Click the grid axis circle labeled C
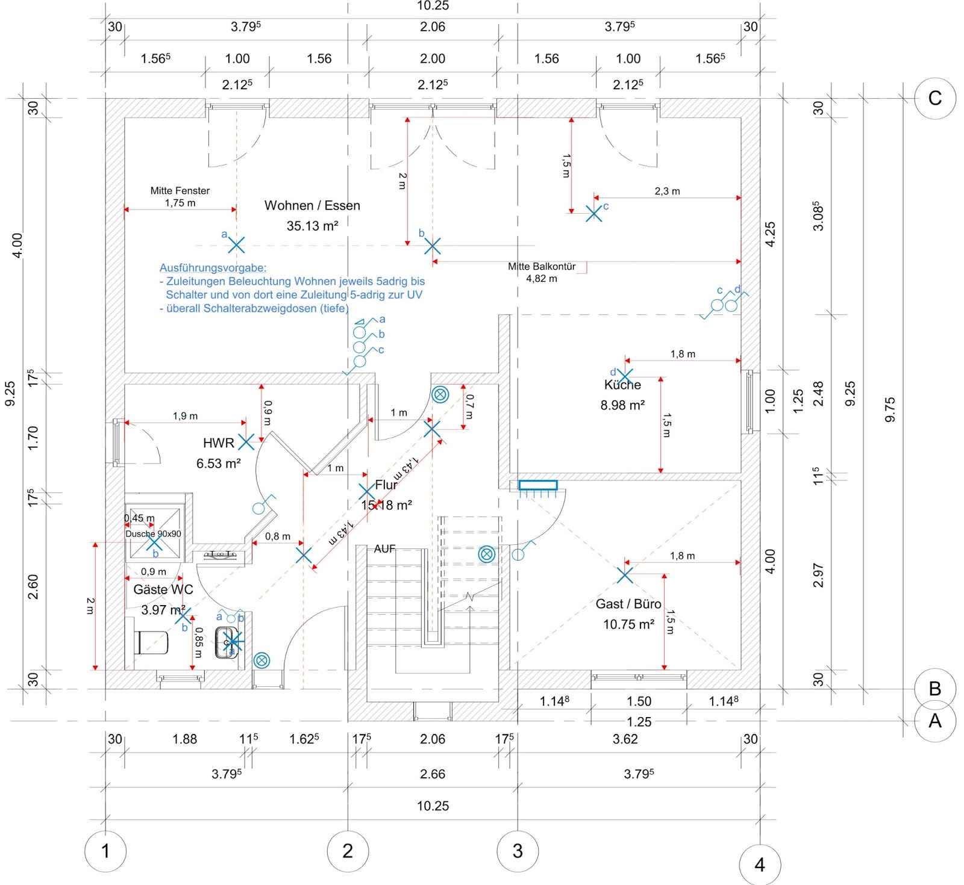click(934, 98)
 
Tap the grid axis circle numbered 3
click(518, 851)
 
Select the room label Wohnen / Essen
click(312, 205)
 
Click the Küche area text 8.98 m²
click(622, 405)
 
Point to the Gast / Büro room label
click(628, 604)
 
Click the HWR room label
click(218, 443)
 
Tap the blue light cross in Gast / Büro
click(625, 576)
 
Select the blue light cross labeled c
click(594, 213)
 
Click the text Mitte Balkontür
click(542, 266)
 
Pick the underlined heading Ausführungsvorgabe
click(213, 268)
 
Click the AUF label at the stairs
click(384, 548)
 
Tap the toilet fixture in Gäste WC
click(151, 642)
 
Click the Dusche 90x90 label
click(153, 533)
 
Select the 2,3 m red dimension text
click(667, 191)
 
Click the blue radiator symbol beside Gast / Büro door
click(538, 485)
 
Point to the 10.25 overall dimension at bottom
click(433, 806)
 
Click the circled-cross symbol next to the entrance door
click(261, 660)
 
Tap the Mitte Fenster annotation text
click(180, 190)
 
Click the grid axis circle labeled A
click(934, 721)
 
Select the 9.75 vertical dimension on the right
click(890, 409)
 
